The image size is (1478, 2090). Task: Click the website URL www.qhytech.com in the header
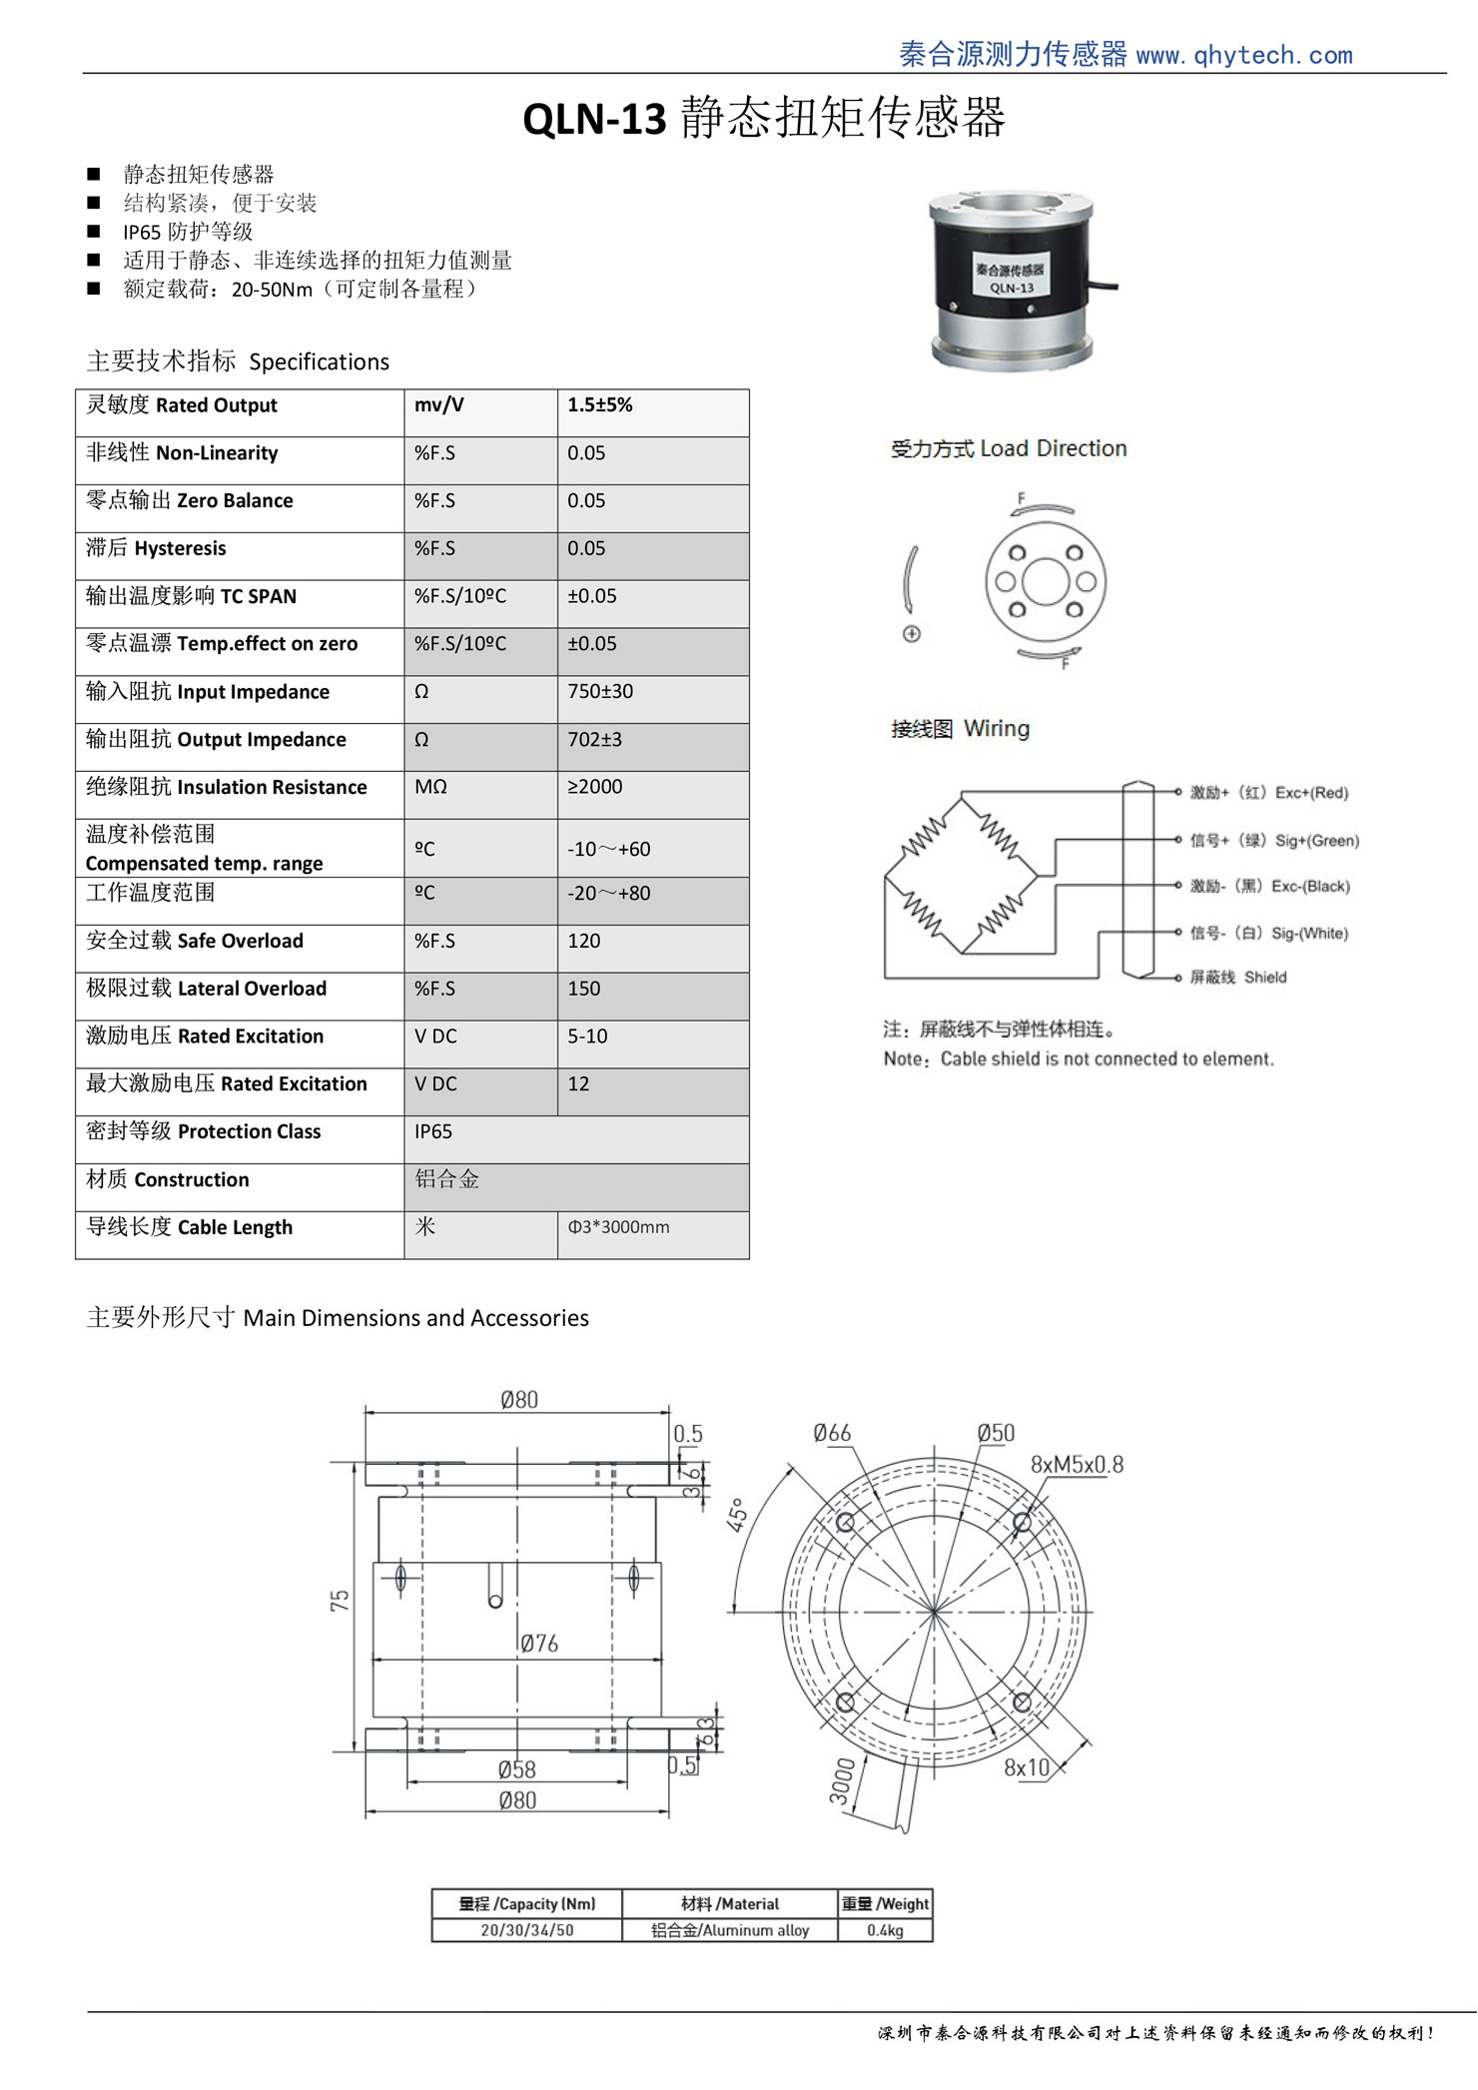1244,55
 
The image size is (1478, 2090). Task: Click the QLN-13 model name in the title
594,120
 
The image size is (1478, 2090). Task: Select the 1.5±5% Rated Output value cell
600,405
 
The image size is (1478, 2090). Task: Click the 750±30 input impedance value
600,691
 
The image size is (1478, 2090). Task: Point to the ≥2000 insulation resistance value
595,787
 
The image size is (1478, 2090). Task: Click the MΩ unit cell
431,787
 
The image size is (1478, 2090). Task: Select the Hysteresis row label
157,548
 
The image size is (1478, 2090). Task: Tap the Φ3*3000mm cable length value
619,1227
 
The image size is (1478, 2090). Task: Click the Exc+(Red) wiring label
1311,793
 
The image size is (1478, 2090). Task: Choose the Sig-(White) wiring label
1309,934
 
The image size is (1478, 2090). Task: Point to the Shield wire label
1264,978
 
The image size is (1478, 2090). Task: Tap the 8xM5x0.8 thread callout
1077,1465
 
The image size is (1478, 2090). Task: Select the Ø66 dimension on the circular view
832,1434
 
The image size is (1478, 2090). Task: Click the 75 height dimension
341,1601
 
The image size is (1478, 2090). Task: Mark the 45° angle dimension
737,1515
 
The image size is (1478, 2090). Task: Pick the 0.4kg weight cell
885,1930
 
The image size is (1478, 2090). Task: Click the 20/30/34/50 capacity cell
527,1930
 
